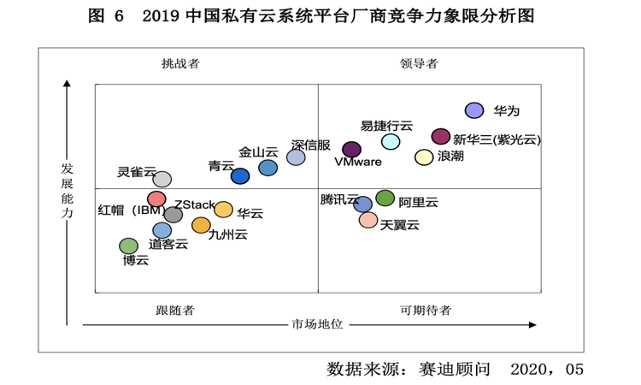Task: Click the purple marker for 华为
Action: click(x=474, y=110)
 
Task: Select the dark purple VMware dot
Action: click(x=351, y=150)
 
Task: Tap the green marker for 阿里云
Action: click(x=385, y=198)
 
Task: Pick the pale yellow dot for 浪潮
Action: click(x=424, y=157)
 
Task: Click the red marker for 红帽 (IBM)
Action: click(x=156, y=199)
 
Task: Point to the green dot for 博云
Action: click(x=128, y=246)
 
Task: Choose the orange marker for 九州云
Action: click(x=201, y=225)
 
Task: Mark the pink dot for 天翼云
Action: click(x=368, y=220)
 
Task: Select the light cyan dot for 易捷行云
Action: click(x=391, y=141)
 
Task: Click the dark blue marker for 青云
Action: click(x=240, y=175)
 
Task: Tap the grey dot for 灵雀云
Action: click(x=162, y=179)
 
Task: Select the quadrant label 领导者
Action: click(x=419, y=63)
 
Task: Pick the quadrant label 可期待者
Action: click(x=425, y=310)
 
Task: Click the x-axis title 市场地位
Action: click(x=317, y=324)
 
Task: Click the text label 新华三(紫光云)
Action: click(x=497, y=139)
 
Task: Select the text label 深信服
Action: click(x=310, y=145)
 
